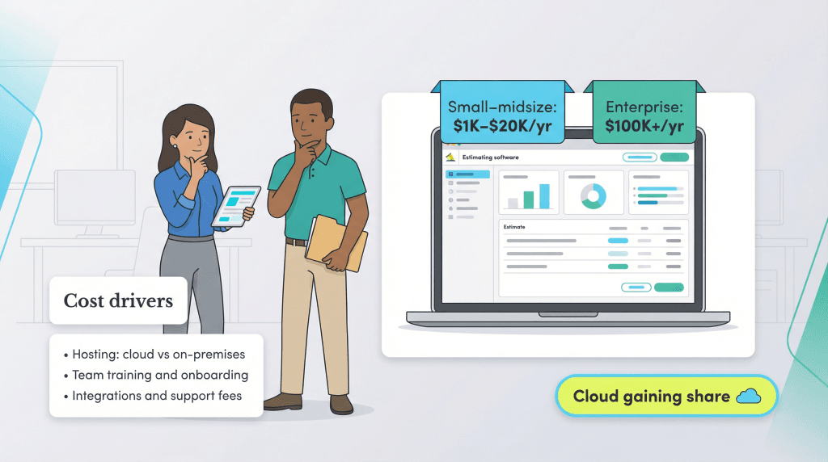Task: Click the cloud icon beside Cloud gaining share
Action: (x=749, y=396)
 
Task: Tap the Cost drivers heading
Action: (x=118, y=300)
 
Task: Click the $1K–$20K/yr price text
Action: (x=502, y=126)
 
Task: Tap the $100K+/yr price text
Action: (x=644, y=126)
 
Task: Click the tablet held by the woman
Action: (x=237, y=206)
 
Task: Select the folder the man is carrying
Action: (x=336, y=243)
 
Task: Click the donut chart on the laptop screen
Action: (x=594, y=195)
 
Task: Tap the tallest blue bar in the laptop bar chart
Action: (x=544, y=196)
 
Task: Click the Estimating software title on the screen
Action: (x=491, y=157)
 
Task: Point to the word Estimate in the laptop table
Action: (x=513, y=227)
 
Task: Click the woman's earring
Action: (x=175, y=146)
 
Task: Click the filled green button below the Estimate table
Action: (x=669, y=288)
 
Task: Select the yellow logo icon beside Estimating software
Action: (x=450, y=157)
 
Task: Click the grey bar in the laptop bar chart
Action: (x=513, y=203)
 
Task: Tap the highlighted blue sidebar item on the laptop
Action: (x=468, y=174)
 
